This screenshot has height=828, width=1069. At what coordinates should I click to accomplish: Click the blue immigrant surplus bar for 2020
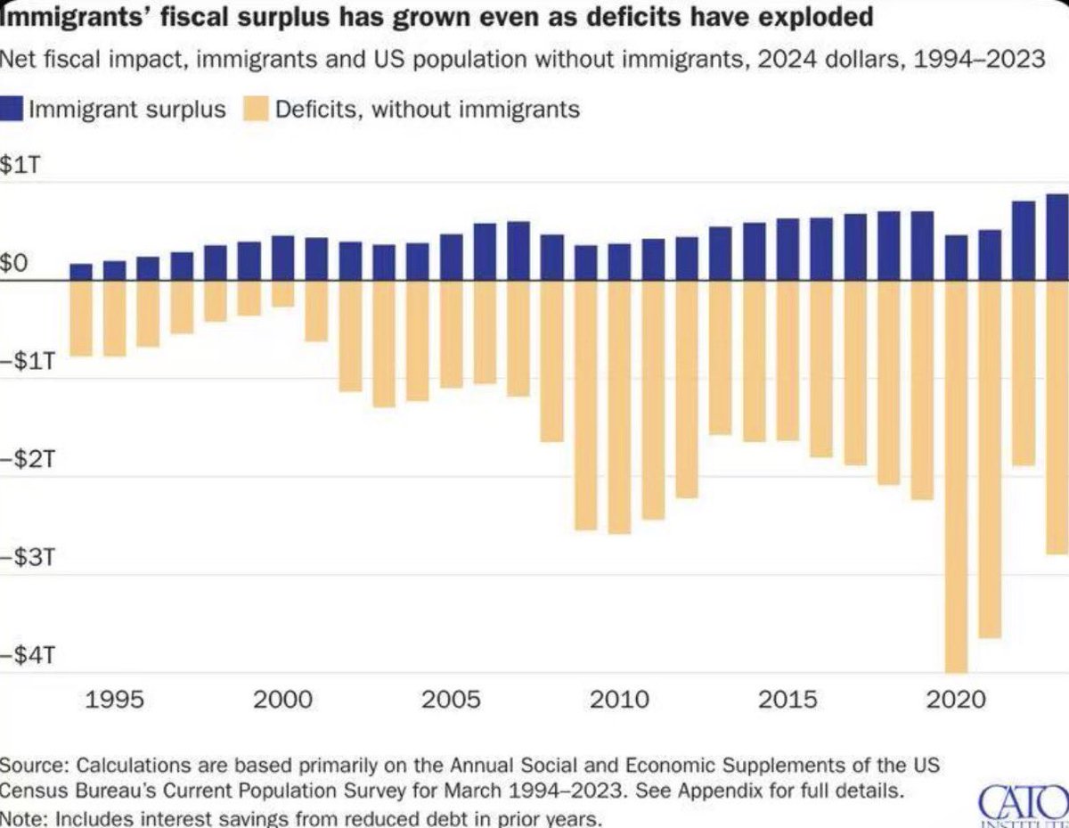tap(956, 258)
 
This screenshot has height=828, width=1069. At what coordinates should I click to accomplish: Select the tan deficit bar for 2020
tap(956, 477)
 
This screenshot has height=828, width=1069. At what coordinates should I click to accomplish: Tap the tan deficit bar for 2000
tap(283, 294)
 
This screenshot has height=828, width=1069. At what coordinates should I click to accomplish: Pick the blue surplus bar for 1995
tap(115, 271)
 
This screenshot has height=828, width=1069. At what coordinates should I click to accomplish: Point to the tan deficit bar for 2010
tap(619, 407)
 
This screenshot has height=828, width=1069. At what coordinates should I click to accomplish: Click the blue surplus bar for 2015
tap(787, 250)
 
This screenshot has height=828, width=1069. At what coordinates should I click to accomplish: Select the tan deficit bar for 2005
tap(451, 334)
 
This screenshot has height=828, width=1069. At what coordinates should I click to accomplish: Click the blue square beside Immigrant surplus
tap(11, 109)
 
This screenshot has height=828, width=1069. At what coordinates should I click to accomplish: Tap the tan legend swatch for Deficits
tap(256, 109)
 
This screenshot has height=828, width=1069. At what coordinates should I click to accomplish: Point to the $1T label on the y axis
tap(20, 164)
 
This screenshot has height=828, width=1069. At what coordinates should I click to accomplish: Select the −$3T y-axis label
tap(28, 557)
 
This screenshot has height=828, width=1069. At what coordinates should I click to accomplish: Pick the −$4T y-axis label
tap(28, 655)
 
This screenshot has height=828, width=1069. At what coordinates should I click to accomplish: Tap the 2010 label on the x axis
tap(619, 700)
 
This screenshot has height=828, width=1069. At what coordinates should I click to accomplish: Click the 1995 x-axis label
tap(115, 700)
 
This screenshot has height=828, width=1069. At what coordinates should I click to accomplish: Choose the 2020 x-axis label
tap(956, 700)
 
